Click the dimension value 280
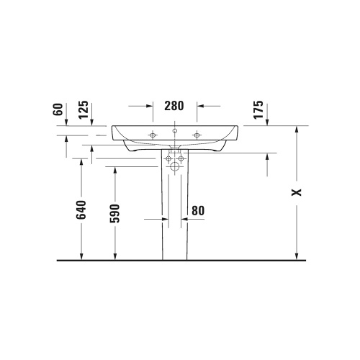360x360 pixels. pos(174,105)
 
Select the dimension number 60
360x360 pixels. pos(58,109)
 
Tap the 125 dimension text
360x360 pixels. pos(84,109)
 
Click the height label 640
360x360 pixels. pos(81,210)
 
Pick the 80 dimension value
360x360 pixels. pos(198,211)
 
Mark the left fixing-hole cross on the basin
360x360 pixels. pos(153,134)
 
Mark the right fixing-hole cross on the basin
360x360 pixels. pos(196,134)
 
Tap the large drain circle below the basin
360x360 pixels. pos(175,167)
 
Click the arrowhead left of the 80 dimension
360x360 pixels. pos(156,217)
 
